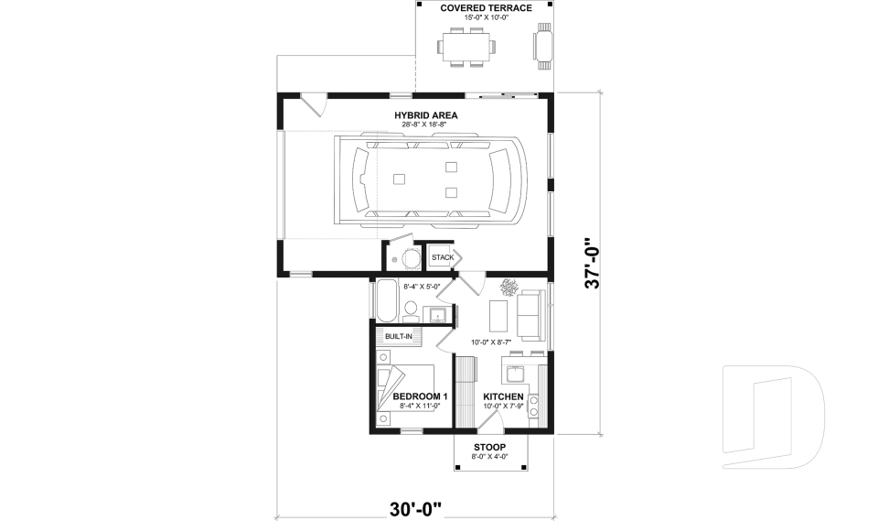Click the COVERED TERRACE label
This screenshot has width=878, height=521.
(x=486, y=8)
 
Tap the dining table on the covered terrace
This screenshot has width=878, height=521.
(x=466, y=46)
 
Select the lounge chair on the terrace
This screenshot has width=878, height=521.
(x=543, y=46)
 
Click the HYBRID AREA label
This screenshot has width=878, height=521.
(x=426, y=115)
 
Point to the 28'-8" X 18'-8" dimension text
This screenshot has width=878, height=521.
(x=426, y=125)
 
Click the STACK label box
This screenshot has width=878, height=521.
(x=443, y=257)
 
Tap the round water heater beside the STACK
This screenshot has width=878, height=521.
(x=412, y=258)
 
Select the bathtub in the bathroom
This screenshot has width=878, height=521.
(x=386, y=301)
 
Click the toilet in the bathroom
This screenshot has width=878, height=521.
(x=410, y=317)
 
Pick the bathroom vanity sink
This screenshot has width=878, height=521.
(x=437, y=316)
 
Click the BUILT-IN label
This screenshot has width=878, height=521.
(x=398, y=337)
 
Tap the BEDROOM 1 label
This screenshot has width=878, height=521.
(x=420, y=396)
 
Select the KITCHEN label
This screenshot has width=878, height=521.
(x=504, y=396)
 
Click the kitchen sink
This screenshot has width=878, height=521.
(x=514, y=374)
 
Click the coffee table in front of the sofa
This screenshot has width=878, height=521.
(x=498, y=317)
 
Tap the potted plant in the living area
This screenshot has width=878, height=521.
(x=508, y=288)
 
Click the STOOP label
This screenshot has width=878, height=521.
(x=489, y=447)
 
